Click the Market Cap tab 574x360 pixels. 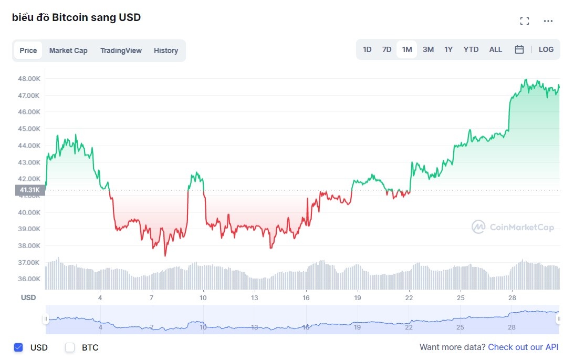coord(68,50)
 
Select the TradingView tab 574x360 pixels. coord(121,50)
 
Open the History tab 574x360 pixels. coord(166,50)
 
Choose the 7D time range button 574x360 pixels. coord(387,49)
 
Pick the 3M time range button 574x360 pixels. coord(428,49)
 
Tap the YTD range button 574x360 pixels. coord(471,49)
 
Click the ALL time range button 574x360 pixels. coord(495,49)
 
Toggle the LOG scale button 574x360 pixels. coord(546,49)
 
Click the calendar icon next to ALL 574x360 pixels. coord(519,49)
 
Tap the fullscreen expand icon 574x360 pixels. coord(524,21)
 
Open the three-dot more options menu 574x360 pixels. coord(548,21)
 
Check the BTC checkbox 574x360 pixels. coord(70,347)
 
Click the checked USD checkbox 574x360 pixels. coord(18,347)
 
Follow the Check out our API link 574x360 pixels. coord(523,347)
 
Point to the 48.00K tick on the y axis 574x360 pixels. coord(29,78)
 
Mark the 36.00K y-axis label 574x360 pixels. coord(29,279)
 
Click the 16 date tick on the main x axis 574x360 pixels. coord(306,298)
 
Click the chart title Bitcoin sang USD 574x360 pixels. coord(76,17)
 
